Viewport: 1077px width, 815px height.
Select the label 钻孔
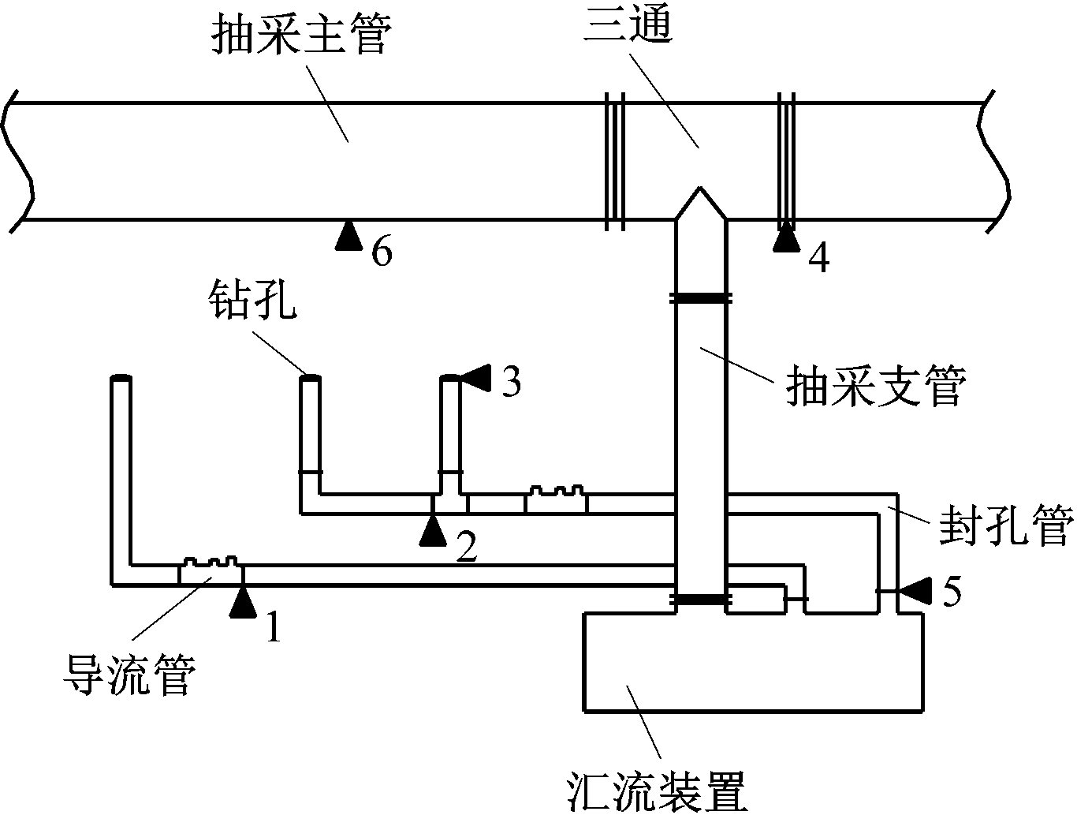(252, 301)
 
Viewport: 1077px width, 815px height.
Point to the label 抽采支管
(875, 388)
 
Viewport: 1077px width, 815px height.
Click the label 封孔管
(1005, 527)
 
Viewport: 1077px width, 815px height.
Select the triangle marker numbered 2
(432, 530)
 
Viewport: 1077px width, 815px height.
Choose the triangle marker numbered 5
(916, 590)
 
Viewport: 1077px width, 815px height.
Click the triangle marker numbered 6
(348, 236)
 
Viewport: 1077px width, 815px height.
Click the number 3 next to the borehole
(511, 383)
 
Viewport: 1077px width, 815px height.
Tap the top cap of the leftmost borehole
(120, 379)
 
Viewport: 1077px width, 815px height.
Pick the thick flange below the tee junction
(700, 297)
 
